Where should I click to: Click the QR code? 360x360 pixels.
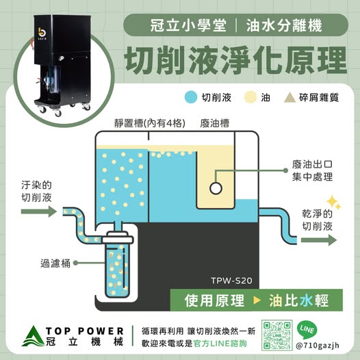point(277,335)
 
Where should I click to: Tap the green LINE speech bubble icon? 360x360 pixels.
point(307,330)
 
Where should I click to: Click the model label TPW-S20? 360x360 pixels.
point(231,281)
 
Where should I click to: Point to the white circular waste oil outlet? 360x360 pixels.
point(216,188)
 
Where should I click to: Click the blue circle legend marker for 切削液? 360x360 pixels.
point(191,97)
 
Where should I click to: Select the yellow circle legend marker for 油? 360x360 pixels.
point(250,97)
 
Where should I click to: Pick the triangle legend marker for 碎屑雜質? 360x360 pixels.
point(290,97)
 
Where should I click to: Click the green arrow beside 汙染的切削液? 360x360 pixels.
point(39,211)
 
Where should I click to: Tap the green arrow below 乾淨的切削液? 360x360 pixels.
point(319,240)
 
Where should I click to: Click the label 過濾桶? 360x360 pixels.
point(55,263)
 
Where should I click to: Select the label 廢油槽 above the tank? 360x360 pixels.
point(214,123)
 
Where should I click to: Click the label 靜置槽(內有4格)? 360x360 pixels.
point(150,123)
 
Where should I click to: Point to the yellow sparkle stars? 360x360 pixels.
point(333,203)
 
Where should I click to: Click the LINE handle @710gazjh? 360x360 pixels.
point(318,346)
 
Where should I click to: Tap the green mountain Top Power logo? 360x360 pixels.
point(33,336)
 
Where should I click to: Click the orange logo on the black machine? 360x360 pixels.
point(42,33)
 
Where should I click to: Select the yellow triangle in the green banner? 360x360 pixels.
point(257,300)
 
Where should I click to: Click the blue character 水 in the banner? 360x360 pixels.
point(307,300)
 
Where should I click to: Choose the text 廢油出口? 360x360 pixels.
point(312,164)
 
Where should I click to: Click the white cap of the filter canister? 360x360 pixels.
point(118,237)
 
